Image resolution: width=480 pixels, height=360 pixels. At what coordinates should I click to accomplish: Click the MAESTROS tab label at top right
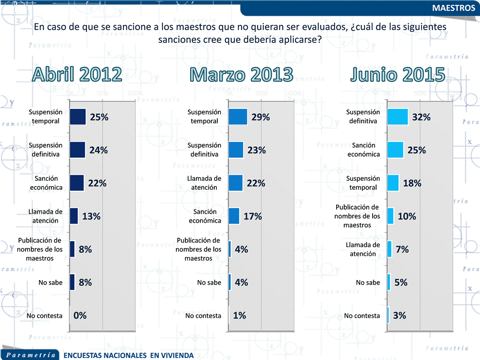(x=453, y=8)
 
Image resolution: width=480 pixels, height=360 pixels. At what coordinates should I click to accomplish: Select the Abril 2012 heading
(x=77, y=74)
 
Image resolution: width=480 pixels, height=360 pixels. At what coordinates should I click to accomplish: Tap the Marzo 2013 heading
(x=241, y=74)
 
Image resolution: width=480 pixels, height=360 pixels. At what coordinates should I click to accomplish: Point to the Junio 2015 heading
(x=398, y=74)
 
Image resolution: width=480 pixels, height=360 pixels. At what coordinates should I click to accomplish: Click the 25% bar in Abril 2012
(x=78, y=117)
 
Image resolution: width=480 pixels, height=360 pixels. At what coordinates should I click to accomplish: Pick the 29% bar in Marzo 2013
(x=238, y=117)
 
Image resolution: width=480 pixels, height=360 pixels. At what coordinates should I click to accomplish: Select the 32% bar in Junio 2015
(x=398, y=117)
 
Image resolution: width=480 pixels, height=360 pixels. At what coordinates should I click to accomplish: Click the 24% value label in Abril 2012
(x=98, y=150)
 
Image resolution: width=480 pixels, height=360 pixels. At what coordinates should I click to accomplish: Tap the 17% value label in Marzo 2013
(x=253, y=216)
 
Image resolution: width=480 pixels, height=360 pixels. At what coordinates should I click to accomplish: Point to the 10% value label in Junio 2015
(x=407, y=216)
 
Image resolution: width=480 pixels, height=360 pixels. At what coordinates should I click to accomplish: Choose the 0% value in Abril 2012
(x=80, y=316)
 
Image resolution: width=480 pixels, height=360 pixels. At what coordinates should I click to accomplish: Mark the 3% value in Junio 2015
(x=399, y=316)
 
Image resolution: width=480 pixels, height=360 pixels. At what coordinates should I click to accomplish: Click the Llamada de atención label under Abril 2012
(x=45, y=216)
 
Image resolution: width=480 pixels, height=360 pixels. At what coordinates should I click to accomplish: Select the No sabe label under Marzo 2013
(x=209, y=283)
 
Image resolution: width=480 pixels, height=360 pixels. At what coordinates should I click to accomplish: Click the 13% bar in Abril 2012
(x=74, y=216)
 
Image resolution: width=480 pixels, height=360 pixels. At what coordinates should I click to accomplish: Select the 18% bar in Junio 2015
(x=393, y=183)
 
